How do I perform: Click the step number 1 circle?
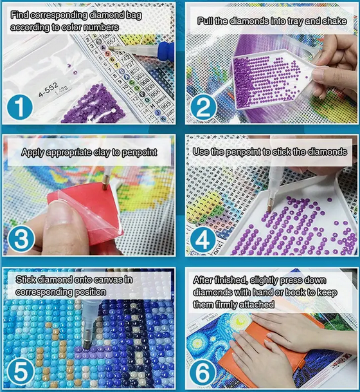tap(21, 106)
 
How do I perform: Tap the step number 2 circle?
tap(203, 106)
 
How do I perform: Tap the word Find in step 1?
tap(21, 14)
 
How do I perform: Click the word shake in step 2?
tap(341, 21)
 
